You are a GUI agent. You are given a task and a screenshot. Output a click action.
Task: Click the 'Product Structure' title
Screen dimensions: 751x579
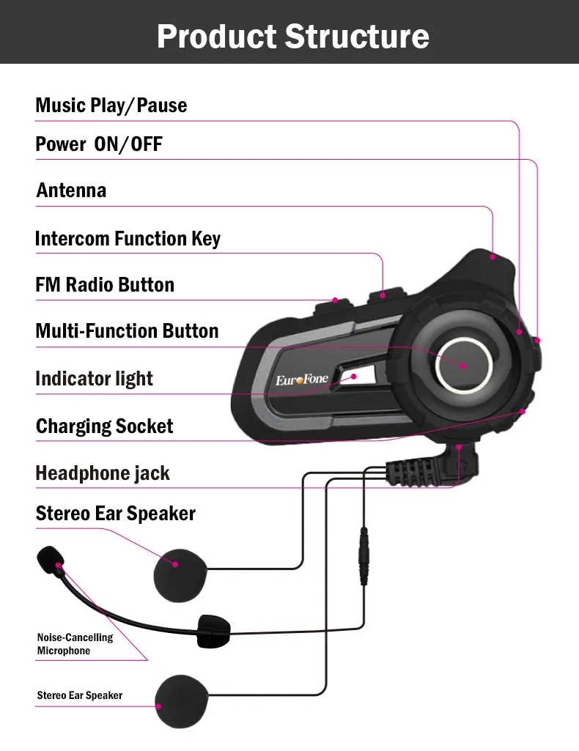tap(292, 36)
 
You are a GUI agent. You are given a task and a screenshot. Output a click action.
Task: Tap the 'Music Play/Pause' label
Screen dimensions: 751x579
tap(111, 106)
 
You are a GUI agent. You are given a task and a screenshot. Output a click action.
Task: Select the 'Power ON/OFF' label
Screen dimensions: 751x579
tap(99, 144)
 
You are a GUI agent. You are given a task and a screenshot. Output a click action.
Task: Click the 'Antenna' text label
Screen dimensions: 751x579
tap(71, 190)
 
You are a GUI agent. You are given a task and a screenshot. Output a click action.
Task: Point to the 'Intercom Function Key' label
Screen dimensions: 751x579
tap(128, 239)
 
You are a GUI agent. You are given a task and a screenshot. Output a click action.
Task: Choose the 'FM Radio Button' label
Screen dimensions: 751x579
tap(105, 285)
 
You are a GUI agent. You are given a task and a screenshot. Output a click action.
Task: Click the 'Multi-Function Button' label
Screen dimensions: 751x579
tap(127, 331)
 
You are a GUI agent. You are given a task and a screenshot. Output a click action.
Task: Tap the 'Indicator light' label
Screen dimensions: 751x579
tap(94, 379)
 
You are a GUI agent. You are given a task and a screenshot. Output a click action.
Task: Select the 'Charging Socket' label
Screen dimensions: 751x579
tap(104, 426)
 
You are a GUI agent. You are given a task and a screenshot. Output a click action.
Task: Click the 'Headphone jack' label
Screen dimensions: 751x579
tap(103, 473)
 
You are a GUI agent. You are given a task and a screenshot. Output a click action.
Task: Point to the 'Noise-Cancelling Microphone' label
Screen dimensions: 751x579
tap(75, 644)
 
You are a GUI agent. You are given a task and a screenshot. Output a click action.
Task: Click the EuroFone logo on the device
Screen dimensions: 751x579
tap(301, 380)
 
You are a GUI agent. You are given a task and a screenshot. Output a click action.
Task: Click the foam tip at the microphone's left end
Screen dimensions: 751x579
tap(49, 559)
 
